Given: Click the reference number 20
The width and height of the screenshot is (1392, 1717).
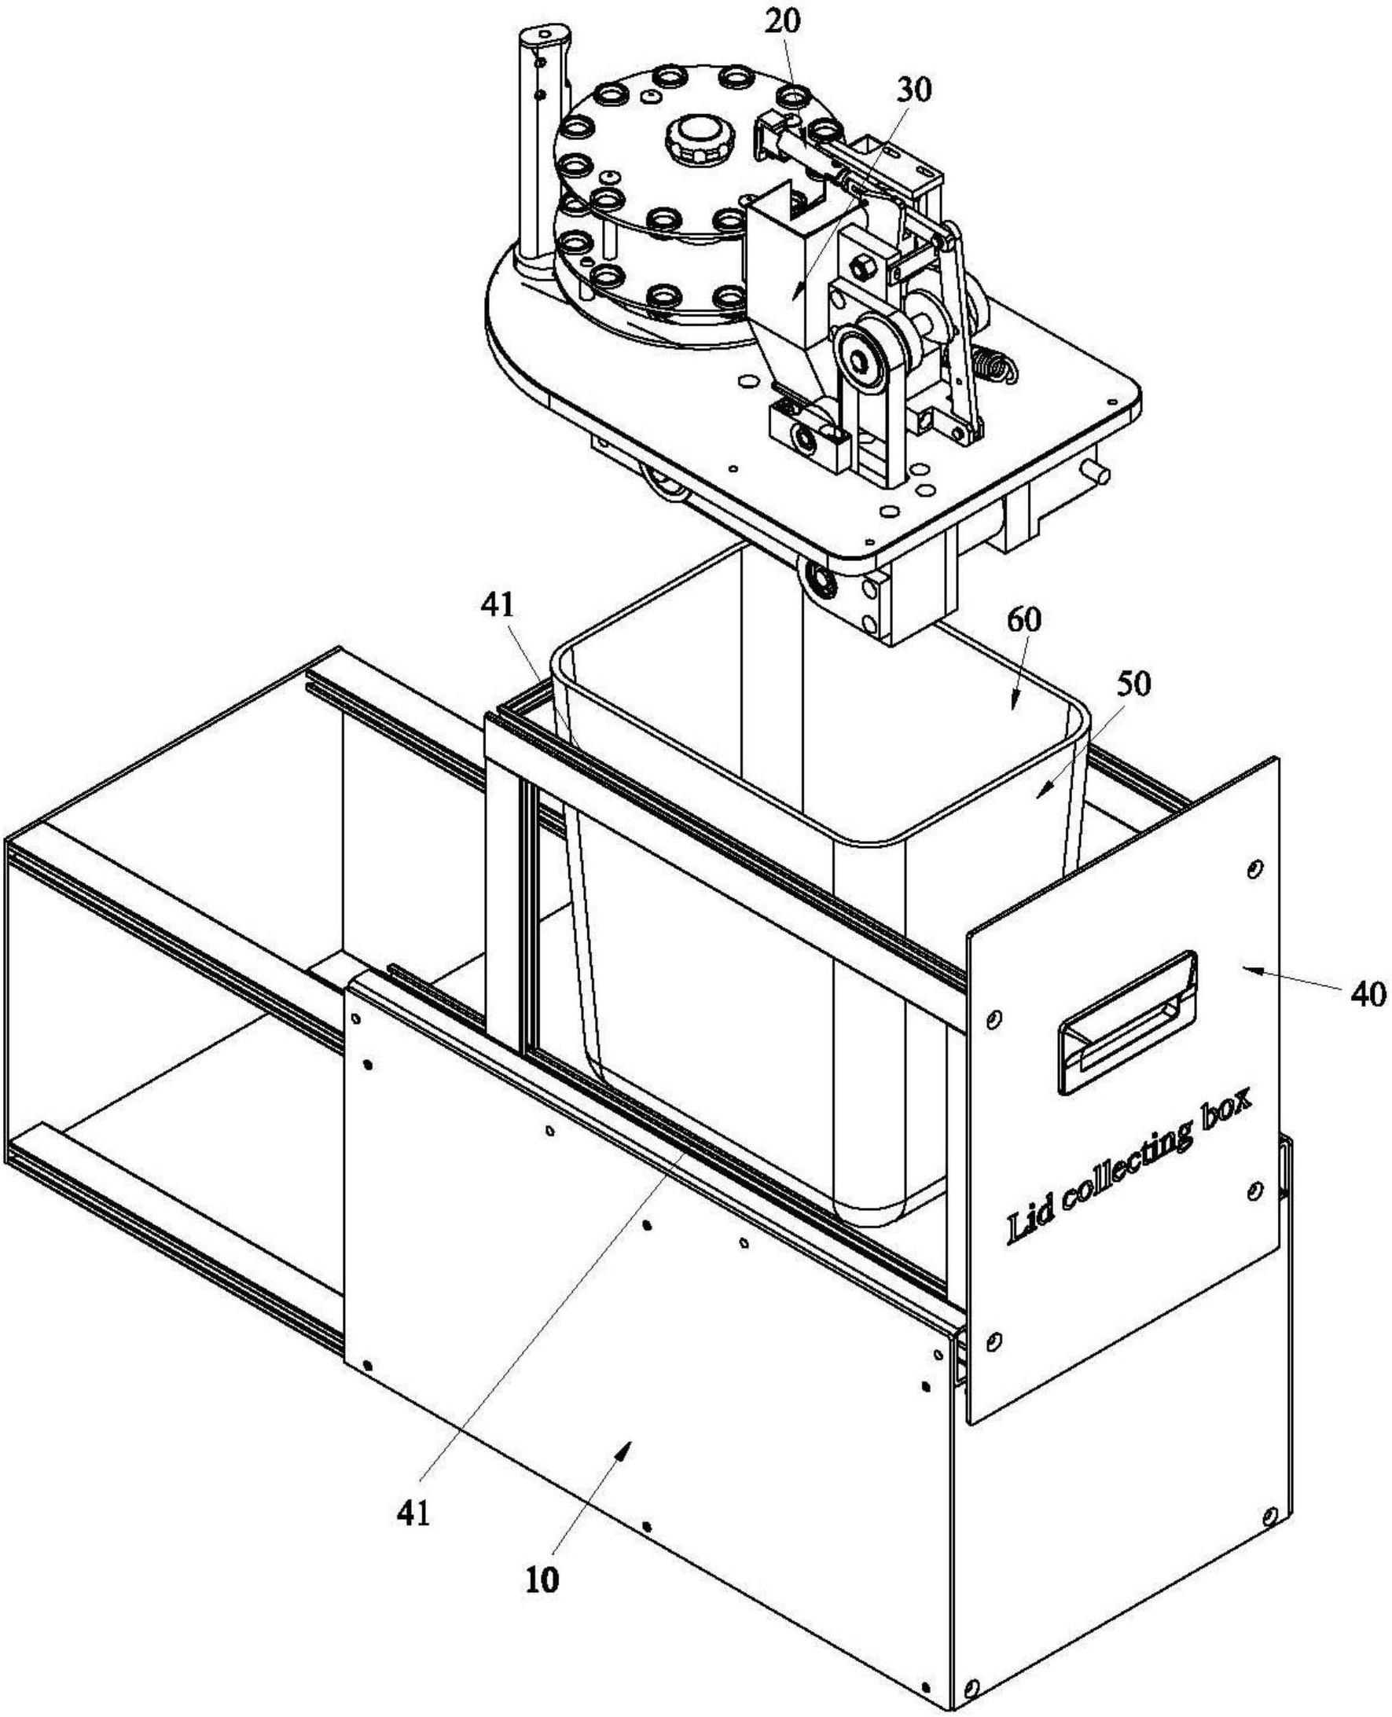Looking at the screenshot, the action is (782, 21).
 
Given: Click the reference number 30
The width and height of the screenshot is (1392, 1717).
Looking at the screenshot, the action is (914, 90).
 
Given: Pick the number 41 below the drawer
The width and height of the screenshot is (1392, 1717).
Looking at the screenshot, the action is (413, 1513).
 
